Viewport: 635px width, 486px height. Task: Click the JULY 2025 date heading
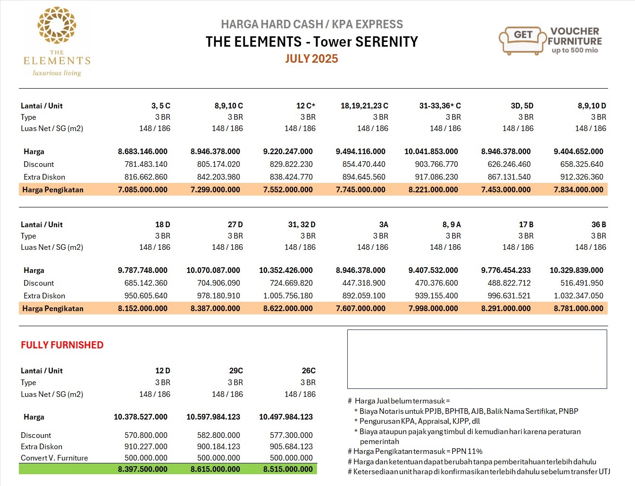coord(311,59)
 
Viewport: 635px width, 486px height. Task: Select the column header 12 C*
coord(305,106)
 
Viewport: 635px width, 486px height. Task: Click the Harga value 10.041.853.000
coord(431,151)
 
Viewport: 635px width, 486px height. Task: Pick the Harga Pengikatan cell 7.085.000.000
coord(142,189)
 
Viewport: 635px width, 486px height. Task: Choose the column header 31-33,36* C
coord(440,106)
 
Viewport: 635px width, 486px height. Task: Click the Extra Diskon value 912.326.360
coord(578,177)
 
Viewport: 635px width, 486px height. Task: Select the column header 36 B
coord(598,224)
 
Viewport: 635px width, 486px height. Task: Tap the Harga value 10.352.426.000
coord(285,270)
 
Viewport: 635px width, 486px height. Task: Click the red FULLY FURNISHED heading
coord(62,345)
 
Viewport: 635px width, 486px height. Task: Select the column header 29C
coord(236,371)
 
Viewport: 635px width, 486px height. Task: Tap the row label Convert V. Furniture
coord(54,458)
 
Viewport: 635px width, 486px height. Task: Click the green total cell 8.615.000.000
coord(215,469)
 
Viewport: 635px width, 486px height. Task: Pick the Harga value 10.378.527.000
coord(140,417)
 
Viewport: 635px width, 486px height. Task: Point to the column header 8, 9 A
coord(451,224)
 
